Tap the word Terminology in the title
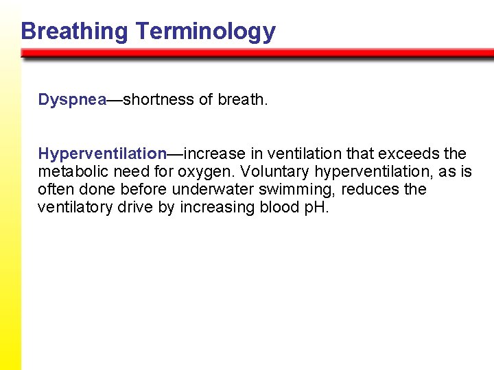[205, 32]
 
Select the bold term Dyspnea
[72, 100]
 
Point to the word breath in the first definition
[240, 100]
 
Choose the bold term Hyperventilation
[102, 153]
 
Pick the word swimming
[299, 190]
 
